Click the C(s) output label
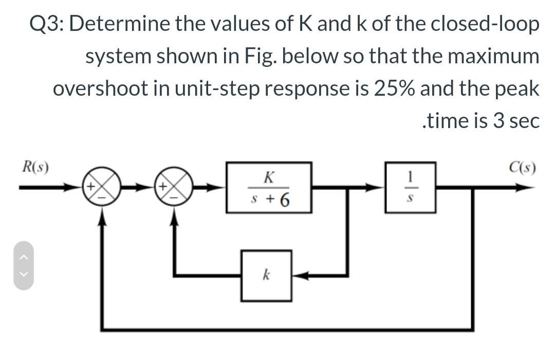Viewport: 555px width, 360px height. coord(523,167)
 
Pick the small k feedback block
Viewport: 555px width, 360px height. coord(267,275)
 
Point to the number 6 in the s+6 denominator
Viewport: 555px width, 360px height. coord(283,198)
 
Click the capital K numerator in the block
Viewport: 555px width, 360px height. coord(268,178)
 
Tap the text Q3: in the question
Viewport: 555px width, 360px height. coord(47,25)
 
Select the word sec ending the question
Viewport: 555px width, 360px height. coord(524,121)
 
